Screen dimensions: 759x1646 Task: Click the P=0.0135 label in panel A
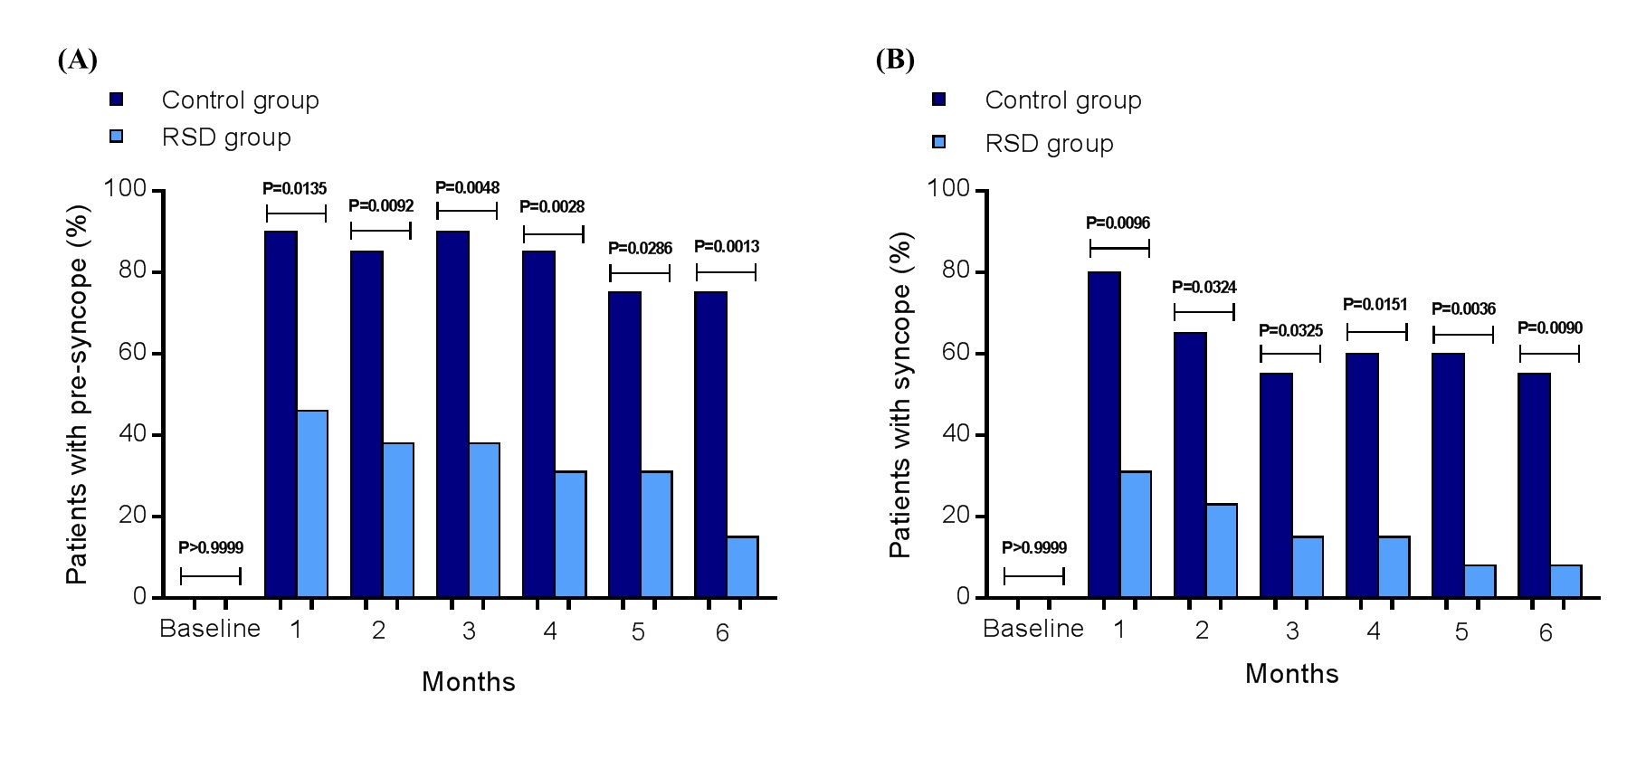(294, 189)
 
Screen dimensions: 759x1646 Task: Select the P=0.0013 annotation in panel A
(727, 247)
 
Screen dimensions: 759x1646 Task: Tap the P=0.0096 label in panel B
(1118, 223)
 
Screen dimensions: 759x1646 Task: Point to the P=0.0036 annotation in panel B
(1463, 309)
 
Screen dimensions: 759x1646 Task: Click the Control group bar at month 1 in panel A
(281, 414)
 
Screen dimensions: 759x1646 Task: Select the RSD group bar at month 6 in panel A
(743, 567)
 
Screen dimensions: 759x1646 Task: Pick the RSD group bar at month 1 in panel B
(1136, 534)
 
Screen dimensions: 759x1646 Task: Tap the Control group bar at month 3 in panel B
(1276, 485)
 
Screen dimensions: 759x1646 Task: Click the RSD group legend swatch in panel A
(116, 138)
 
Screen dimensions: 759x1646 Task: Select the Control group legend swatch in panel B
(939, 100)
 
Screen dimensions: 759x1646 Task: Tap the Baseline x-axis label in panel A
(210, 630)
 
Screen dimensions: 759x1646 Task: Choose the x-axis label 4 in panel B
(1374, 631)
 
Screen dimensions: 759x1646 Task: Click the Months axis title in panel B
(1291, 675)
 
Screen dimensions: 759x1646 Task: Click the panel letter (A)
(77, 61)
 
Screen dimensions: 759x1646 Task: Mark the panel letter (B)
(895, 61)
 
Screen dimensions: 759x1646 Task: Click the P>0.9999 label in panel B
(1033, 548)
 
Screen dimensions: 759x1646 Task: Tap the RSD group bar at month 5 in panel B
(1479, 581)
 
